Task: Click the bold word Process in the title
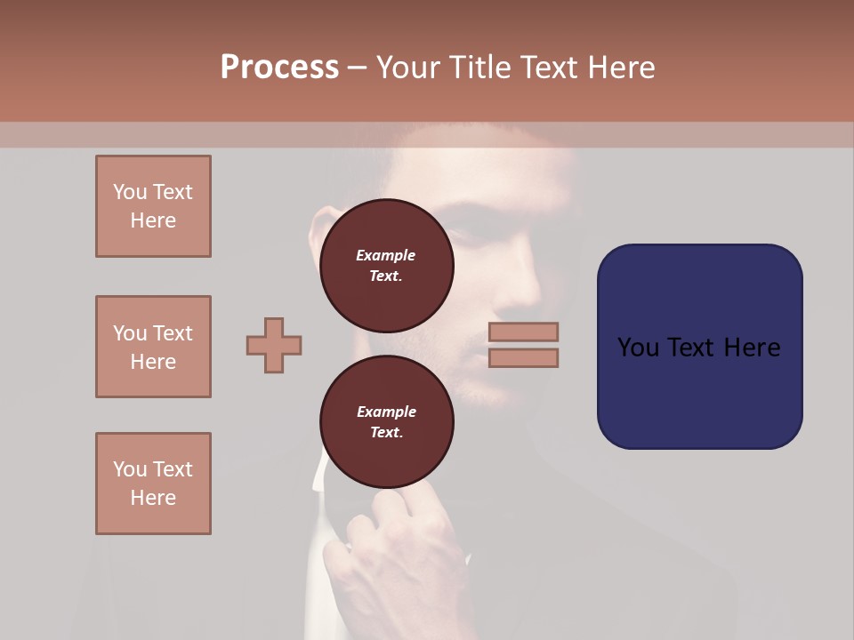pyautogui.click(x=279, y=68)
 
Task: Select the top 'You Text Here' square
pyautogui.click(x=153, y=206)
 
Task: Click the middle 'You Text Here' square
pyautogui.click(x=153, y=347)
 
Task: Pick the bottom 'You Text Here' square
pyautogui.click(x=153, y=484)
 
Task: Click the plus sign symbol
pyautogui.click(x=274, y=345)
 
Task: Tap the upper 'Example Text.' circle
pyautogui.click(x=386, y=265)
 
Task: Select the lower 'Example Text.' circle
pyautogui.click(x=386, y=421)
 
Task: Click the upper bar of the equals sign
pyautogui.click(x=523, y=332)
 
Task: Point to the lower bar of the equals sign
pyautogui.click(x=523, y=357)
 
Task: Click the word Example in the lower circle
pyautogui.click(x=386, y=412)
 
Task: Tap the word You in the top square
pyautogui.click(x=129, y=192)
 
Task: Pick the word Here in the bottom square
pyautogui.click(x=153, y=498)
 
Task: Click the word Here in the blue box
pyautogui.click(x=752, y=348)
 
